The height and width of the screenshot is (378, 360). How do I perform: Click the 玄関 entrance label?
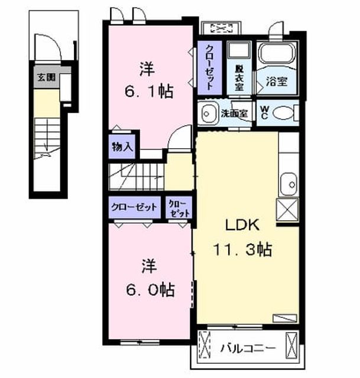point(46,77)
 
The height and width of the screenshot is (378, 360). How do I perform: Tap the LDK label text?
point(242,225)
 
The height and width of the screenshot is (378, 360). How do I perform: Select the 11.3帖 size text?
point(242,249)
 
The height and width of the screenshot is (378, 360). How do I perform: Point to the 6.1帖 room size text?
point(149,92)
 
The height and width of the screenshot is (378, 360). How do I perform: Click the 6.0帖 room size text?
point(150,289)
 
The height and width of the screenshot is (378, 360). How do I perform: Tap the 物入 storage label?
point(122,146)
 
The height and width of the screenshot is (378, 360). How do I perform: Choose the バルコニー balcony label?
point(248,348)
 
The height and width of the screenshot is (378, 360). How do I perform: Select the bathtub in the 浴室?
point(277,53)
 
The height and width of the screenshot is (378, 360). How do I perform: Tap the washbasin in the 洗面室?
point(207,113)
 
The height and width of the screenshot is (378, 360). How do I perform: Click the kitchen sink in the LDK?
point(289,184)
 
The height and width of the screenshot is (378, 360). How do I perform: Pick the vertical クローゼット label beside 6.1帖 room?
point(209,67)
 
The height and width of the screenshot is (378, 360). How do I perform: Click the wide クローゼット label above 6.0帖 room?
point(134,207)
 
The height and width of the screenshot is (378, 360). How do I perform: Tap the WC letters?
point(264,113)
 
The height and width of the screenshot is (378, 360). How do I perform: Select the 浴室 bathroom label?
point(277,82)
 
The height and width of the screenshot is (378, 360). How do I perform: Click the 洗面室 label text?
point(235,113)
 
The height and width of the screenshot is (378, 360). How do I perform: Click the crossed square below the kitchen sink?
point(287,209)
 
